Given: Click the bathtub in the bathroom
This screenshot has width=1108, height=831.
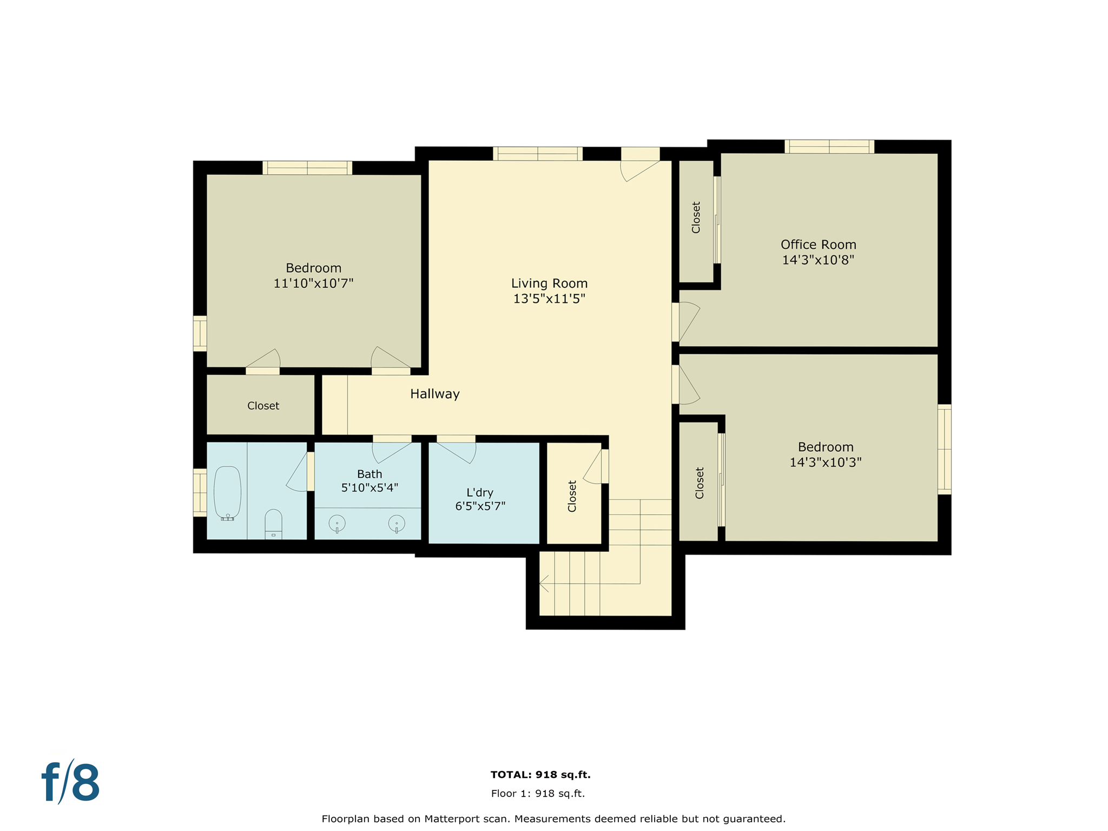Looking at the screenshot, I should pos(227,493).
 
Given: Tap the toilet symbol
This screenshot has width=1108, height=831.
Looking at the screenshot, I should pos(273,523).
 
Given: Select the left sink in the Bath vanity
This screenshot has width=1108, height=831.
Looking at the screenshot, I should pos(337,523).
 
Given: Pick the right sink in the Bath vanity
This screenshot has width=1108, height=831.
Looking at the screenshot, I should pos(397,523).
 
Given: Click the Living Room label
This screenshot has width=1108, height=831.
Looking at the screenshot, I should pos(549,283).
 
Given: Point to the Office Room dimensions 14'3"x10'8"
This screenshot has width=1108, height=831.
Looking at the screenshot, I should pos(817,260).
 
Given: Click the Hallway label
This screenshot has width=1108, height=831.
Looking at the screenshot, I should pos(434,394).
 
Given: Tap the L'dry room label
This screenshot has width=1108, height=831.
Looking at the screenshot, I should pos(480,493).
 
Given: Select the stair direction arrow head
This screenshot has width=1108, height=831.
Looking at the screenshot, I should pos(543,584).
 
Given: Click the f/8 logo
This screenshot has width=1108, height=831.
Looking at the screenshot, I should pos(71,782).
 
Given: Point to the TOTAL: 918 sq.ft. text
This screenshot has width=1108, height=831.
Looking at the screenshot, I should pos(540,775).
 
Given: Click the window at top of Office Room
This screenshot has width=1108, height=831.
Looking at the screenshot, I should pos(829,147).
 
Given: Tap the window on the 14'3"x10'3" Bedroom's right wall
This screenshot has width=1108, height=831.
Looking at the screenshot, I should pos(944,449).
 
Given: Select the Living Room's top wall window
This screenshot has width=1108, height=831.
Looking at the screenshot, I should pos(537,154).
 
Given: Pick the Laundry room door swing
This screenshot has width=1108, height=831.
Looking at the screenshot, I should pos(458,451).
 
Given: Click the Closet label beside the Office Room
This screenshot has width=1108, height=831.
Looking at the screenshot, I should pos(696,217).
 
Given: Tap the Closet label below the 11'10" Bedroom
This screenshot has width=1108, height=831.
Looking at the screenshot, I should pos(263,406).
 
